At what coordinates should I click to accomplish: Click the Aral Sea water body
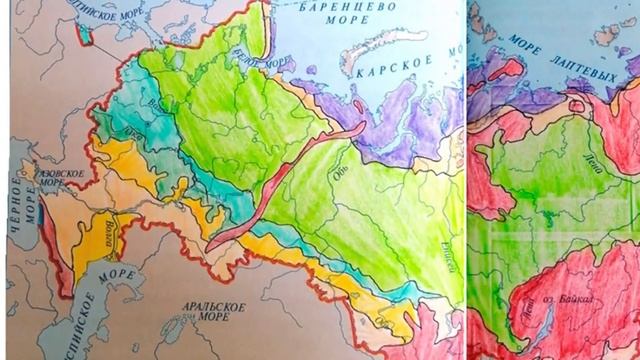[x=174, y=327]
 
